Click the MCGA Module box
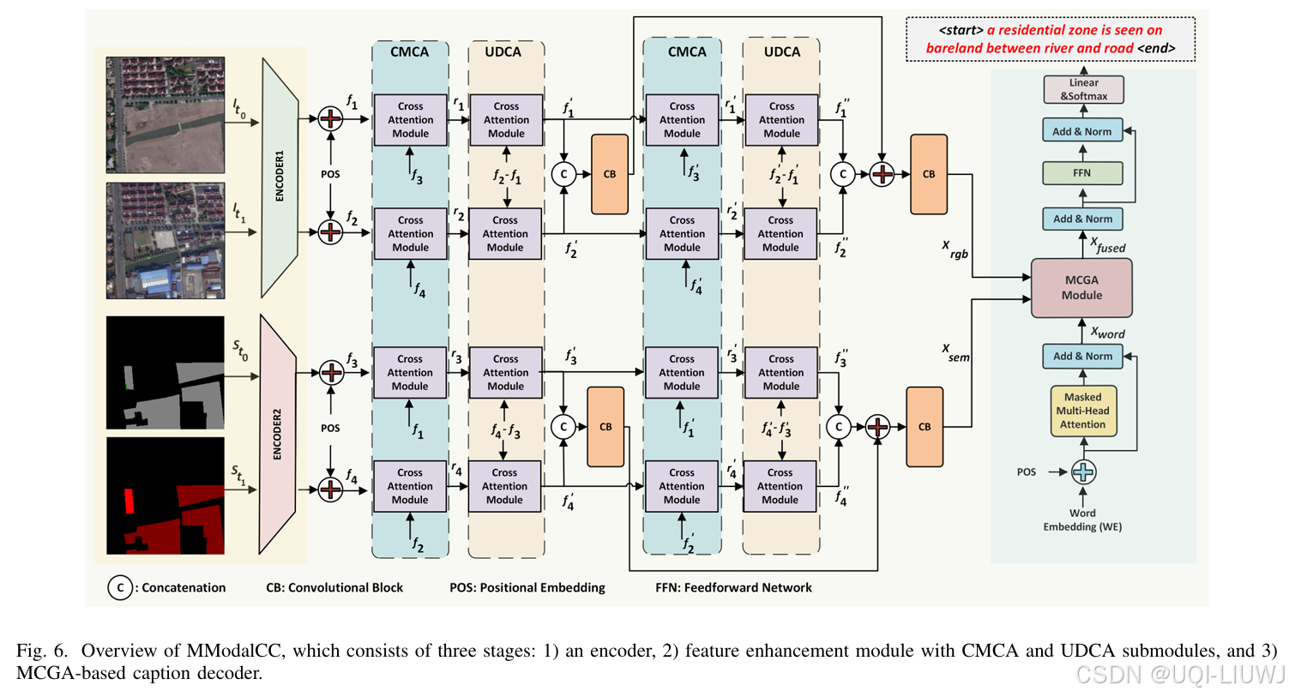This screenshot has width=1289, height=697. click(x=1081, y=288)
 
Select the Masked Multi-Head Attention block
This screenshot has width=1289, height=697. click(x=1083, y=411)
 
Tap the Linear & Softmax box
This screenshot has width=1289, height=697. click(x=1083, y=89)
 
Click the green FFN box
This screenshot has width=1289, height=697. click(x=1082, y=173)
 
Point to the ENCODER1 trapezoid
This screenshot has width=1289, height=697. click(x=280, y=177)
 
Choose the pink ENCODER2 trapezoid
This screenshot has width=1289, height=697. click(x=277, y=434)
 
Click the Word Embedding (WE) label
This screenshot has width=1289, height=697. click(x=1082, y=520)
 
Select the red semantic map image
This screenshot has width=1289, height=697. click(x=166, y=496)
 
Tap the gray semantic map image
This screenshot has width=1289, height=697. click(x=166, y=373)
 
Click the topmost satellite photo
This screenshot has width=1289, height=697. click(x=166, y=115)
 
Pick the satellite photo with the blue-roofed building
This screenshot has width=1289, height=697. click(x=166, y=241)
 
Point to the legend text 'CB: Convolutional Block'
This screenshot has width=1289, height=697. click(x=334, y=587)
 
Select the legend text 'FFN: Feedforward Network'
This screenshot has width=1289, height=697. click(x=733, y=587)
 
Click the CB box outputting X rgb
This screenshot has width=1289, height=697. click(x=929, y=174)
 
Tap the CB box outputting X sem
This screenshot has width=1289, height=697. click(x=925, y=427)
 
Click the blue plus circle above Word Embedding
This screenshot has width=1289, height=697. click(x=1083, y=472)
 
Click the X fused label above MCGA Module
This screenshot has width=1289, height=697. click(x=1108, y=247)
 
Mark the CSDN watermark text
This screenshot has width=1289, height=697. click(x=1180, y=675)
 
